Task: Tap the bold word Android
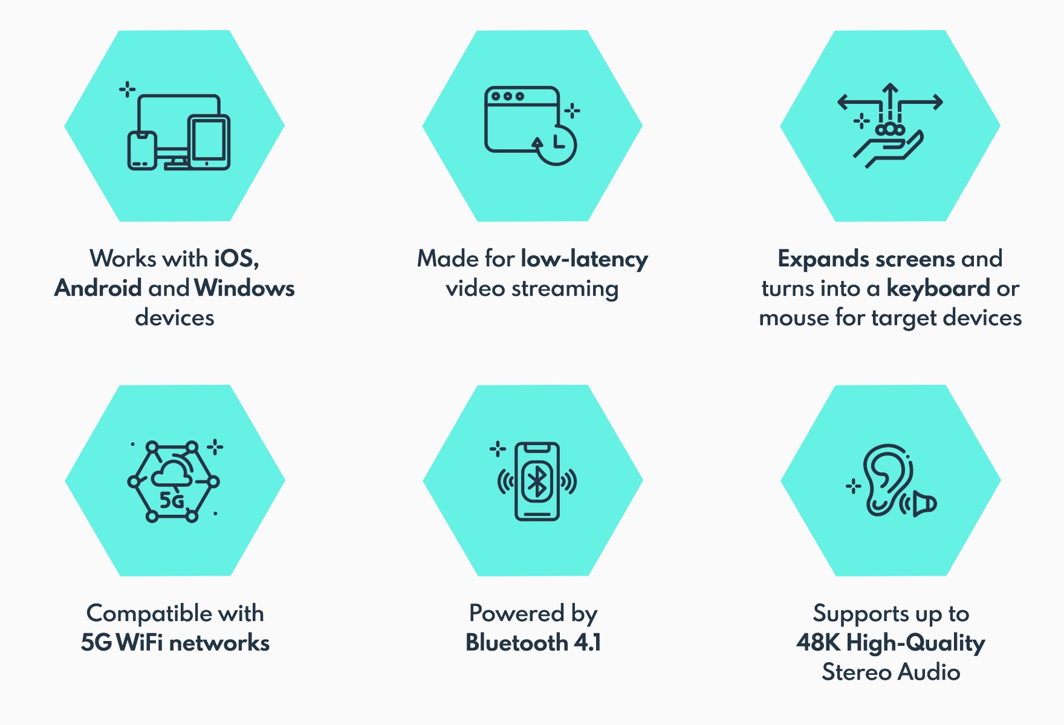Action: [98, 288]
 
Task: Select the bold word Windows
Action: [245, 288]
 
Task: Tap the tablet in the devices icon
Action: [209, 142]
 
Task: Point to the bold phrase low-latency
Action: [584, 259]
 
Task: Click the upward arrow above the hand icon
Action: [890, 97]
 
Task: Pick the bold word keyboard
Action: [938, 288]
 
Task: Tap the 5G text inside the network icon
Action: [172, 500]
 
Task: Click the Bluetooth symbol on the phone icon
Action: [537, 482]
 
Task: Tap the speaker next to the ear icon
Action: [923, 504]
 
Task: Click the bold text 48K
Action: [818, 643]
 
